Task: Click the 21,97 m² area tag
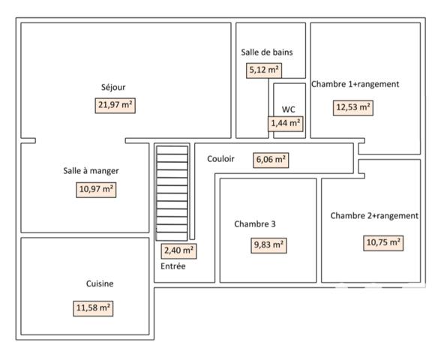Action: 115,105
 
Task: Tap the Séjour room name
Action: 113,87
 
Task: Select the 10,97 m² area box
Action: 97,189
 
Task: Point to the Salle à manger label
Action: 91,171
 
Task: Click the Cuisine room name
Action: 100,284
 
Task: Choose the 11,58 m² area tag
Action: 94,307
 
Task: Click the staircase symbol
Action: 172,192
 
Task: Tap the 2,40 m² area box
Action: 179,250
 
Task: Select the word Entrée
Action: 173,266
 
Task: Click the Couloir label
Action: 220,159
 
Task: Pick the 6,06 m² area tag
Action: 271,160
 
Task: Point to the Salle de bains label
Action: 266,52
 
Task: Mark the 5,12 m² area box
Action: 264,70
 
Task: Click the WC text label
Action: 289,109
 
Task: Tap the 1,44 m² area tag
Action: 285,122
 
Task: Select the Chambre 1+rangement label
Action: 355,85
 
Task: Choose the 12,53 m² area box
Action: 353,107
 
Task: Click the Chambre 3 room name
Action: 255,223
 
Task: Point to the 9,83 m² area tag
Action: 268,244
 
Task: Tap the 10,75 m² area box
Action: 383,242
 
